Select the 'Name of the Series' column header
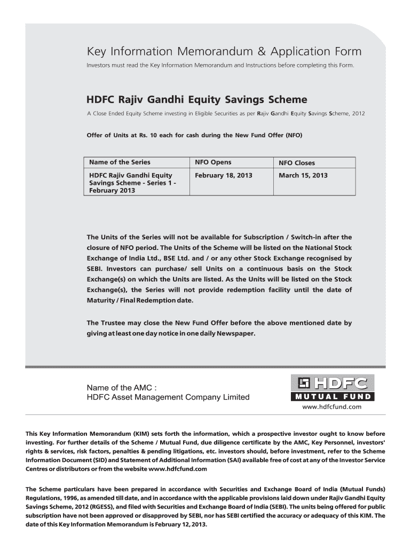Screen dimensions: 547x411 [120, 162]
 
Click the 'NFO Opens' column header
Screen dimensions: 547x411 [213, 162]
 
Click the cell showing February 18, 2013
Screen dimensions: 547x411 [224, 175]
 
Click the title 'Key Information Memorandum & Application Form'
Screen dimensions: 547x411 [224, 52]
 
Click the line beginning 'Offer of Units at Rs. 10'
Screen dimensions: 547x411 [194, 135]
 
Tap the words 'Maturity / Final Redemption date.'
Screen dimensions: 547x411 [140, 300]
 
